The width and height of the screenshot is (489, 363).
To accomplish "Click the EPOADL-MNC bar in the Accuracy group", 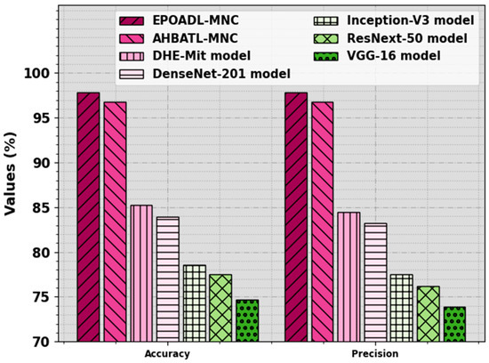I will point(88,217).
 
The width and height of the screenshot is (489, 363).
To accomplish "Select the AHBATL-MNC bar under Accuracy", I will point(115,222).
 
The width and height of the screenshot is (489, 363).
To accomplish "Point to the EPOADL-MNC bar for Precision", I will point(296,217).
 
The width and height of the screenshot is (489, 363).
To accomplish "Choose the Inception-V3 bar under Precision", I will point(402,308).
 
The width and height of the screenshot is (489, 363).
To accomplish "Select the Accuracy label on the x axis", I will point(167,353).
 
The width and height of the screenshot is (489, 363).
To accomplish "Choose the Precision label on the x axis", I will point(376,353).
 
